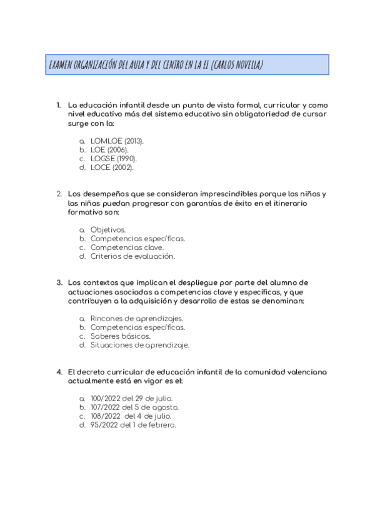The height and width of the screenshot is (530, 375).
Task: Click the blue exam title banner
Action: click(187, 65)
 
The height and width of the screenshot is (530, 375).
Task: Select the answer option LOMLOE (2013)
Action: click(117, 141)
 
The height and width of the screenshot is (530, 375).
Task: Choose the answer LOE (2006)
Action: click(109, 150)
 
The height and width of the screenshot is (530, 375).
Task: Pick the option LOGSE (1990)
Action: click(113, 159)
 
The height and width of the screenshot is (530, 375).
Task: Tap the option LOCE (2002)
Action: click(112, 167)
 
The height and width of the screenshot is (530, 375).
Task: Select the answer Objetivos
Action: click(107, 230)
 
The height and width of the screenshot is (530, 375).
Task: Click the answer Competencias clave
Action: click(127, 247)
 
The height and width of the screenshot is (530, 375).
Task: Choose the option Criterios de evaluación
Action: click(132, 256)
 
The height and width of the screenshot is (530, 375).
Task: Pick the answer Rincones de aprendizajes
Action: click(137, 319)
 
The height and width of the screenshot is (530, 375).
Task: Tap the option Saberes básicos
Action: click(120, 336)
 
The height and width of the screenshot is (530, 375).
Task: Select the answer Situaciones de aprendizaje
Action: click(139, 345)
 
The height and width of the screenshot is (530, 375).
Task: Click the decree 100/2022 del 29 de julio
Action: click(131, 399)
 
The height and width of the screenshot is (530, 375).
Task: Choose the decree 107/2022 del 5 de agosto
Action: click(134, 407)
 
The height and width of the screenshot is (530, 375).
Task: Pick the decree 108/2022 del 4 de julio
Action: click(131, 416)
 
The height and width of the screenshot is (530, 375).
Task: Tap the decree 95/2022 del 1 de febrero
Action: click(133, 425)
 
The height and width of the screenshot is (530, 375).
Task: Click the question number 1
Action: click(58, 105)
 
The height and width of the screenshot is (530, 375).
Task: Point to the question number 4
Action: click(58, 372)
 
